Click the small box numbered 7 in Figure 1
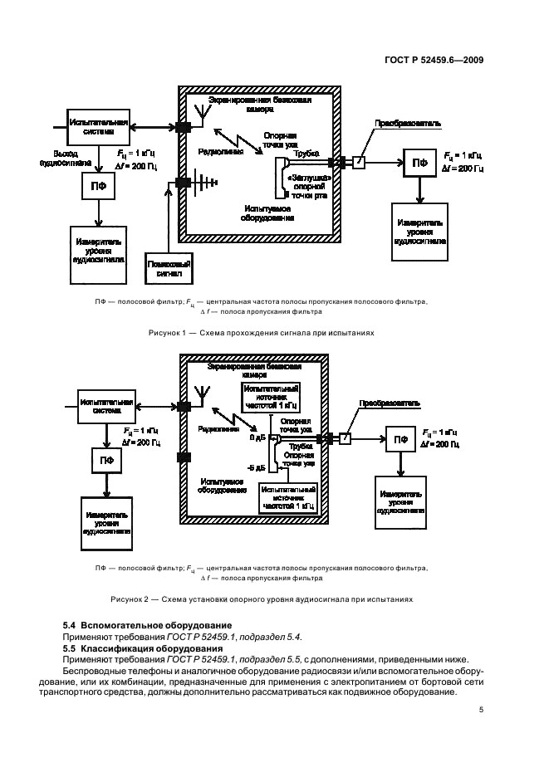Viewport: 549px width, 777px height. click(359, 163)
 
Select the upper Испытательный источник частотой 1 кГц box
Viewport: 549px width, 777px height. click(270, 396)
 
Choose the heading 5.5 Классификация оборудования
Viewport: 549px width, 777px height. click(138, 647)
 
